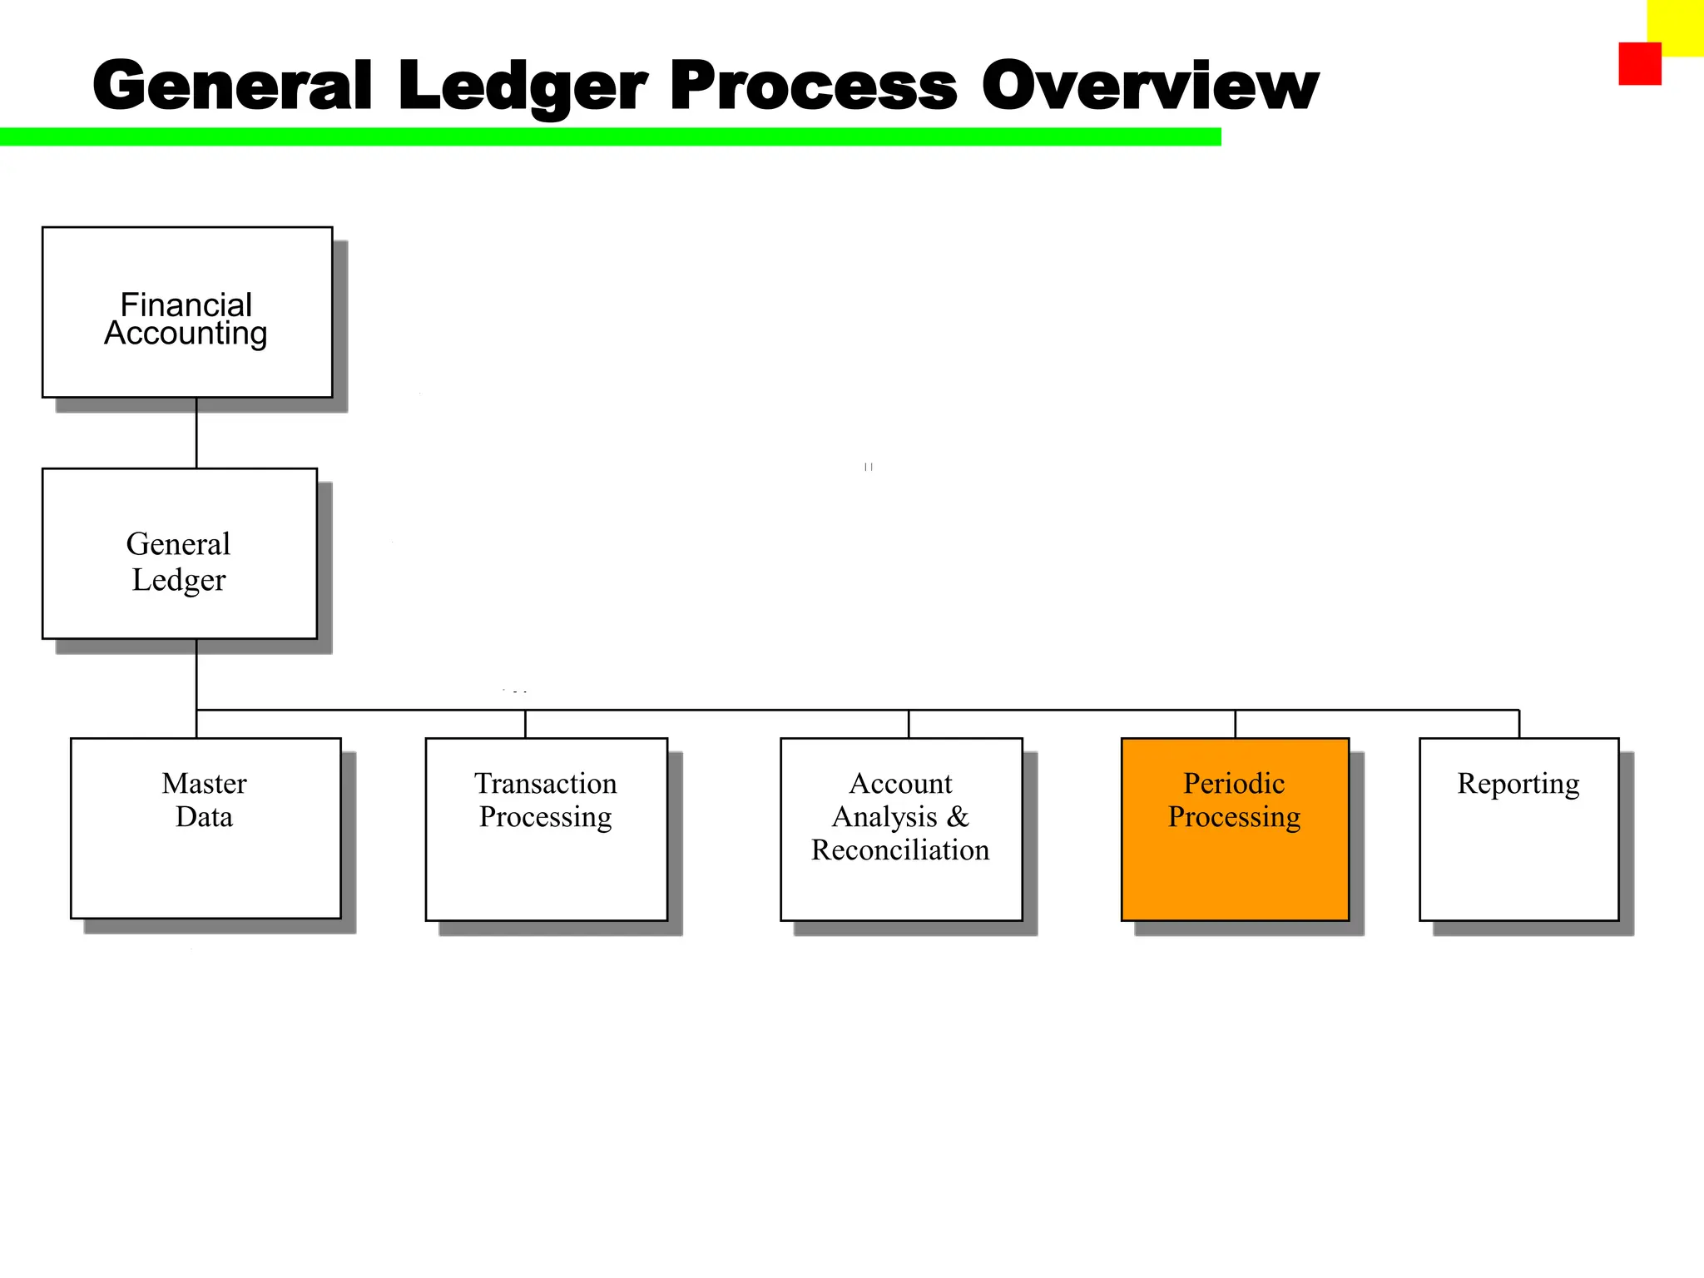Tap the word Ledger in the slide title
(x=522, y=87)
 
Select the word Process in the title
(x=813, y=87)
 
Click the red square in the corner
(x=1639, y=64)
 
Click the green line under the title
(x=610, y=137)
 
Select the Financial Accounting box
(x=187, y=312)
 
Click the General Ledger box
(x=180, y=553)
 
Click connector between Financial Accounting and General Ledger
(x=196, y=433)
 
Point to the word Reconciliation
(x=900, y=850)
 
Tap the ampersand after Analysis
(x=958, y=817)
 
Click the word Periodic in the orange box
(x=1234, y=784)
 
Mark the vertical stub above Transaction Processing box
(x=525, y=724)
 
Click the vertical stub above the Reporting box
(x=1519, y=724)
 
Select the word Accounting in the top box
(x=186, y=334)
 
